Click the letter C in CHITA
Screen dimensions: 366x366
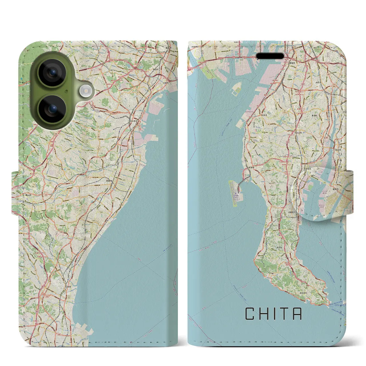tap(250, 314)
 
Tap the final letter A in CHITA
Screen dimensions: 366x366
tap(297, 314)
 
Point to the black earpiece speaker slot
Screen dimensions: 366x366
tap(270, 55)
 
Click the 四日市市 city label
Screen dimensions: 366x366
tap(132, 122)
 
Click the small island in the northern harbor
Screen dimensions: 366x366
tap(236, 89)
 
